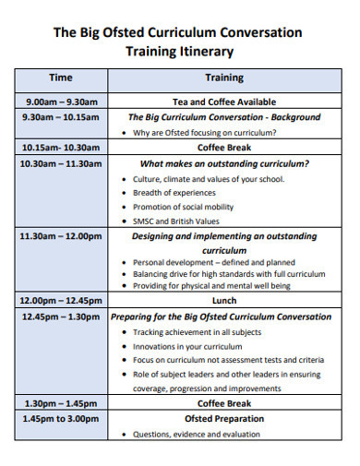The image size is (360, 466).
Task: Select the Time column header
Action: [61, 78]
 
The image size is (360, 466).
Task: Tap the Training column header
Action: [223, 78]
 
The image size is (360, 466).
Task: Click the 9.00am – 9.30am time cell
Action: [61, 102]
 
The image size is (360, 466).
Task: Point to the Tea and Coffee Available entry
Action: [223, 102]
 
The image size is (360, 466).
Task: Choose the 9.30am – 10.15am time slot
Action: [61, 117]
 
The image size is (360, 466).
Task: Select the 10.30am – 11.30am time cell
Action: [61, 163]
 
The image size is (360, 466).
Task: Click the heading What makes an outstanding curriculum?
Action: [224, 163]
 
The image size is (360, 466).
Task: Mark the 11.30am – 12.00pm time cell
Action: [61, 236]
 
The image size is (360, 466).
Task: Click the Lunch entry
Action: [223, 301]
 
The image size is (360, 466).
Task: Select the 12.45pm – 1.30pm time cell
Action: [61, 317]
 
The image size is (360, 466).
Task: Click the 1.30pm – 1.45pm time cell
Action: [61, 403]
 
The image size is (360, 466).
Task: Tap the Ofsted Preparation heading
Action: [223, 418]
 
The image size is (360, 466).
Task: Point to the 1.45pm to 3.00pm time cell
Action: [61, 418]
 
